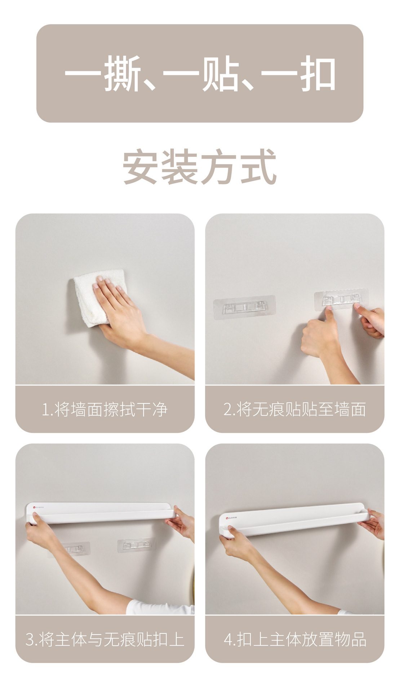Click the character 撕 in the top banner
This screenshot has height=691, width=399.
pos(123,74)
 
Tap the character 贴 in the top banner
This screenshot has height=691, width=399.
pos(220,74)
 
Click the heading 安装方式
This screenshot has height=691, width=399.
pos(200,167)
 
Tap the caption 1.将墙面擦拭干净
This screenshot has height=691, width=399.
pos(105,410)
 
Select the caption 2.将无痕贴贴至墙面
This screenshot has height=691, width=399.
pos(295,410)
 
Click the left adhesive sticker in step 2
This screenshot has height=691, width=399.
pos(245,308)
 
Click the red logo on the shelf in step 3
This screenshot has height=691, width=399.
pos(32,507)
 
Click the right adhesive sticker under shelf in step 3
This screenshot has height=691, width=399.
pos(137,546)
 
